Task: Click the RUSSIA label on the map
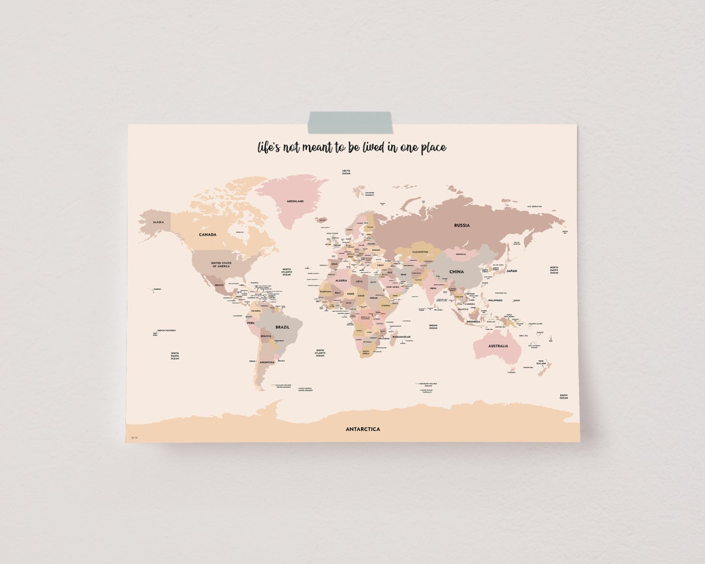(462, 225)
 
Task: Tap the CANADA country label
(208, 234)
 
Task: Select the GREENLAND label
(295, 201)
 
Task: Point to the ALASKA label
(158, 222)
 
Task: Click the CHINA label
(456, 272)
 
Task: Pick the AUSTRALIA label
(497, 346)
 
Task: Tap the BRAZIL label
(283, 327)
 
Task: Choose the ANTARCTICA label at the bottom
(362, 429)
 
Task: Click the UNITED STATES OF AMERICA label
(221, 264)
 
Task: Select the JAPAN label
(512, 271)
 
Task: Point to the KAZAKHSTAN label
(420, 252)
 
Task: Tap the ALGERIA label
(341, 280)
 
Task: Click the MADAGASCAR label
(401, 337)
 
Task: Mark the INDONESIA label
(473, 321)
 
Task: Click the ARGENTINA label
(266, 362)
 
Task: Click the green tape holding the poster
(350, 122)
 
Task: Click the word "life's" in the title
(269, 148)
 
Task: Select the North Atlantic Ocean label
(287, 272)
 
